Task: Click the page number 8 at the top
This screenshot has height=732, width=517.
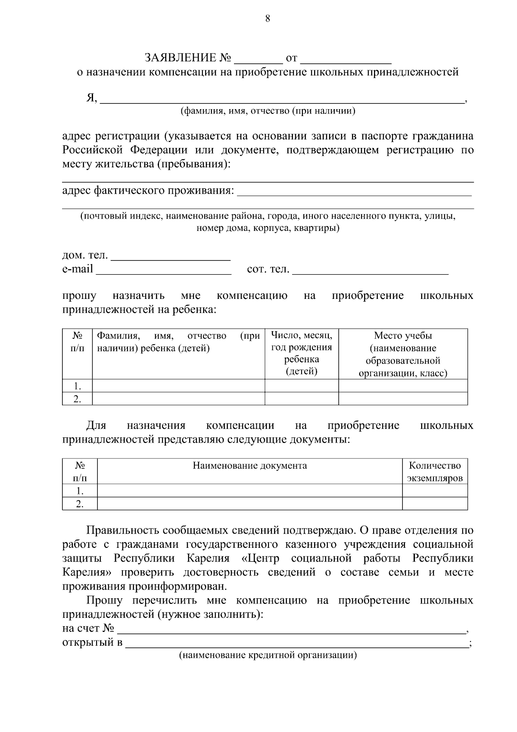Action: click(268, 18)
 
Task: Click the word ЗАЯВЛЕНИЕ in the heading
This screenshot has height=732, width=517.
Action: click(180, 57)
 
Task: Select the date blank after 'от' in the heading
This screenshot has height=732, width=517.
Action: click(346, 60)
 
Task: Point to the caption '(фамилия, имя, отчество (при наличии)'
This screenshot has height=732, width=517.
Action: click(268, 111)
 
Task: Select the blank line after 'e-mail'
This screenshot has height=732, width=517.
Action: click(164, 271)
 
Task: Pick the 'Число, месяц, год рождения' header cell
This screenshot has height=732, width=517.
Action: click(302, 353)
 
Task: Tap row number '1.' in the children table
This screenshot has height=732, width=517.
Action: click(77, 386)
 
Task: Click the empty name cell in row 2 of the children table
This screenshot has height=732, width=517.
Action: click(178, 399)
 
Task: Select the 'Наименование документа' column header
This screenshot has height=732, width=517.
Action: click(250, 465)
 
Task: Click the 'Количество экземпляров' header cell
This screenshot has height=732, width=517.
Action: click(435, 471)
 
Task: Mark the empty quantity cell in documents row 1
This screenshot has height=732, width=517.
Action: click(435, 490)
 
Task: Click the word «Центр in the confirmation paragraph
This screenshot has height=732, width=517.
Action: click(260, 558)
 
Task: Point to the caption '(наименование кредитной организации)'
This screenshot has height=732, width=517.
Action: click(268, 656)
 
